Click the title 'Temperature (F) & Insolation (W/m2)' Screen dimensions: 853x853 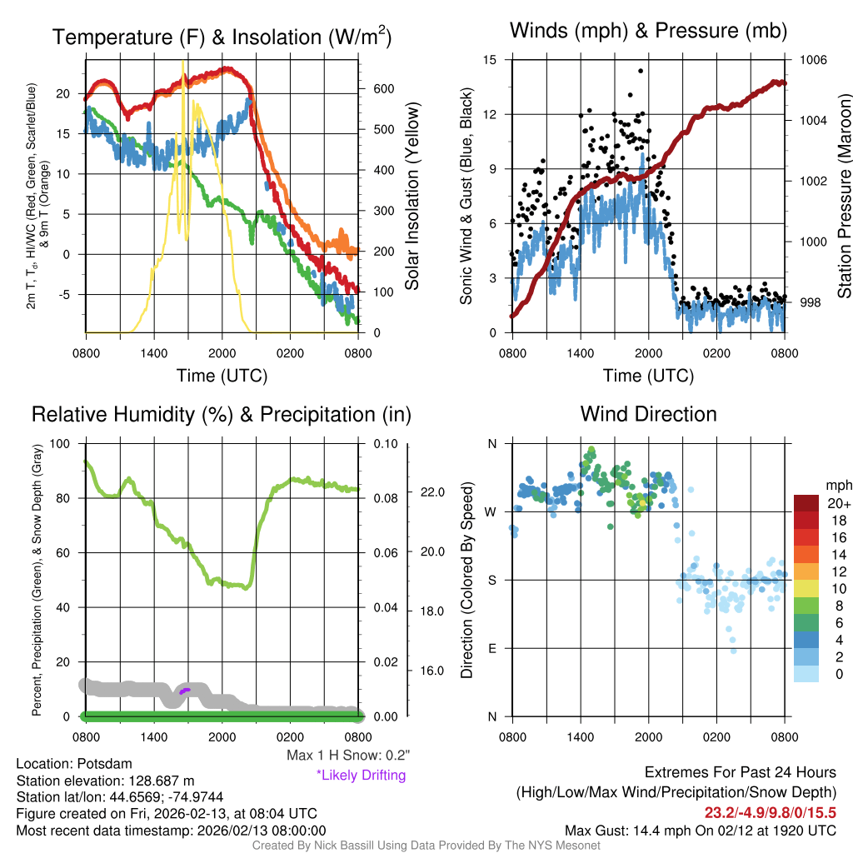222,37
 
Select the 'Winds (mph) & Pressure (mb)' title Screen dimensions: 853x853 648,31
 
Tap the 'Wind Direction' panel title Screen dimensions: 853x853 648,413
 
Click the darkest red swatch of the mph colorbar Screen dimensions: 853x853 807,504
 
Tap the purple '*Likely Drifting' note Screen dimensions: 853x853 361,775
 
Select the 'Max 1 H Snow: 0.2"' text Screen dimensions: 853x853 348,755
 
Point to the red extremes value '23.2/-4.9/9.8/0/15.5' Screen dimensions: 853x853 771,812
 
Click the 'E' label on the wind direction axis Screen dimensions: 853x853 491,648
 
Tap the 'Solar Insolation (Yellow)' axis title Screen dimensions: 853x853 412,197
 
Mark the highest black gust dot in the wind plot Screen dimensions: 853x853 641,71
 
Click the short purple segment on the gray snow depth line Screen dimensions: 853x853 185,690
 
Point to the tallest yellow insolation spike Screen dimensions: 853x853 183,63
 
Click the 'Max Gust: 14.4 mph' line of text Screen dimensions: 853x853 700,830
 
